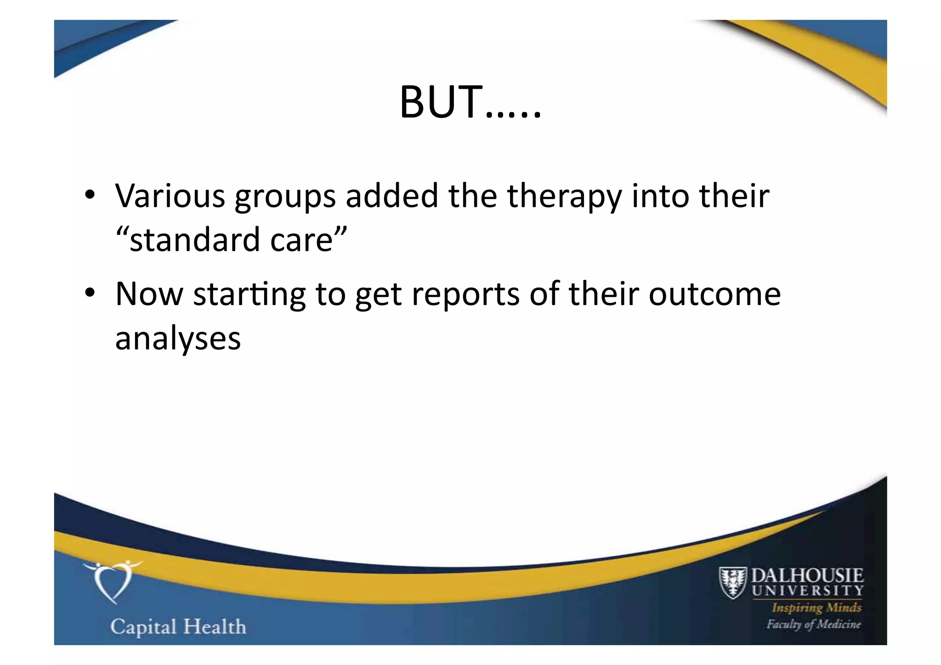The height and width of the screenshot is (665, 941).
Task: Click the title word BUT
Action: coord(441,102)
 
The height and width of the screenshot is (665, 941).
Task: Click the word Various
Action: coord(170,196)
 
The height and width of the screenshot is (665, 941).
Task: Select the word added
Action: coord(392,196)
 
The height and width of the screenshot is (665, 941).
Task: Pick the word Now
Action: coord(149,294)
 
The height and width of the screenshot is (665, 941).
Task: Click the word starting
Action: coord(249,295)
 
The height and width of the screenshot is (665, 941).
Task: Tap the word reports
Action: coord(465,295)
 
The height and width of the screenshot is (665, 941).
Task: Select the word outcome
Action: coord(714,294)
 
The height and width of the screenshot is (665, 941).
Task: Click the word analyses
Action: coord(178,339)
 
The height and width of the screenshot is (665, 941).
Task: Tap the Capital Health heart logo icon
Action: coord(112,581)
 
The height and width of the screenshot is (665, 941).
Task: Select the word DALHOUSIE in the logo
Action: coord(807,575)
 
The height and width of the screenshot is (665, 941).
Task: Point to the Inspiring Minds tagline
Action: coord(816,608)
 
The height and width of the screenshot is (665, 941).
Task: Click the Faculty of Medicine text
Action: coord(813,624)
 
